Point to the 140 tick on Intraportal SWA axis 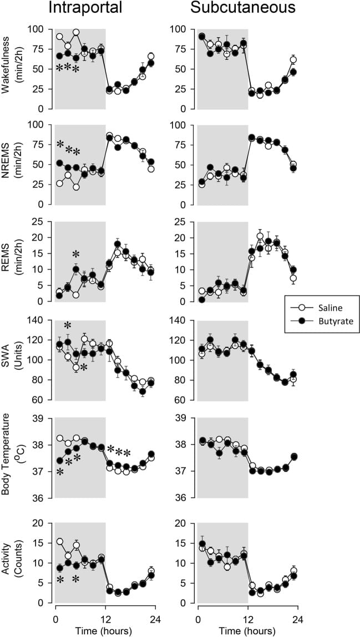coord(39,320)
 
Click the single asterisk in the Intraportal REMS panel coord(76,254)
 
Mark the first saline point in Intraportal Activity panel coord(59,542)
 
